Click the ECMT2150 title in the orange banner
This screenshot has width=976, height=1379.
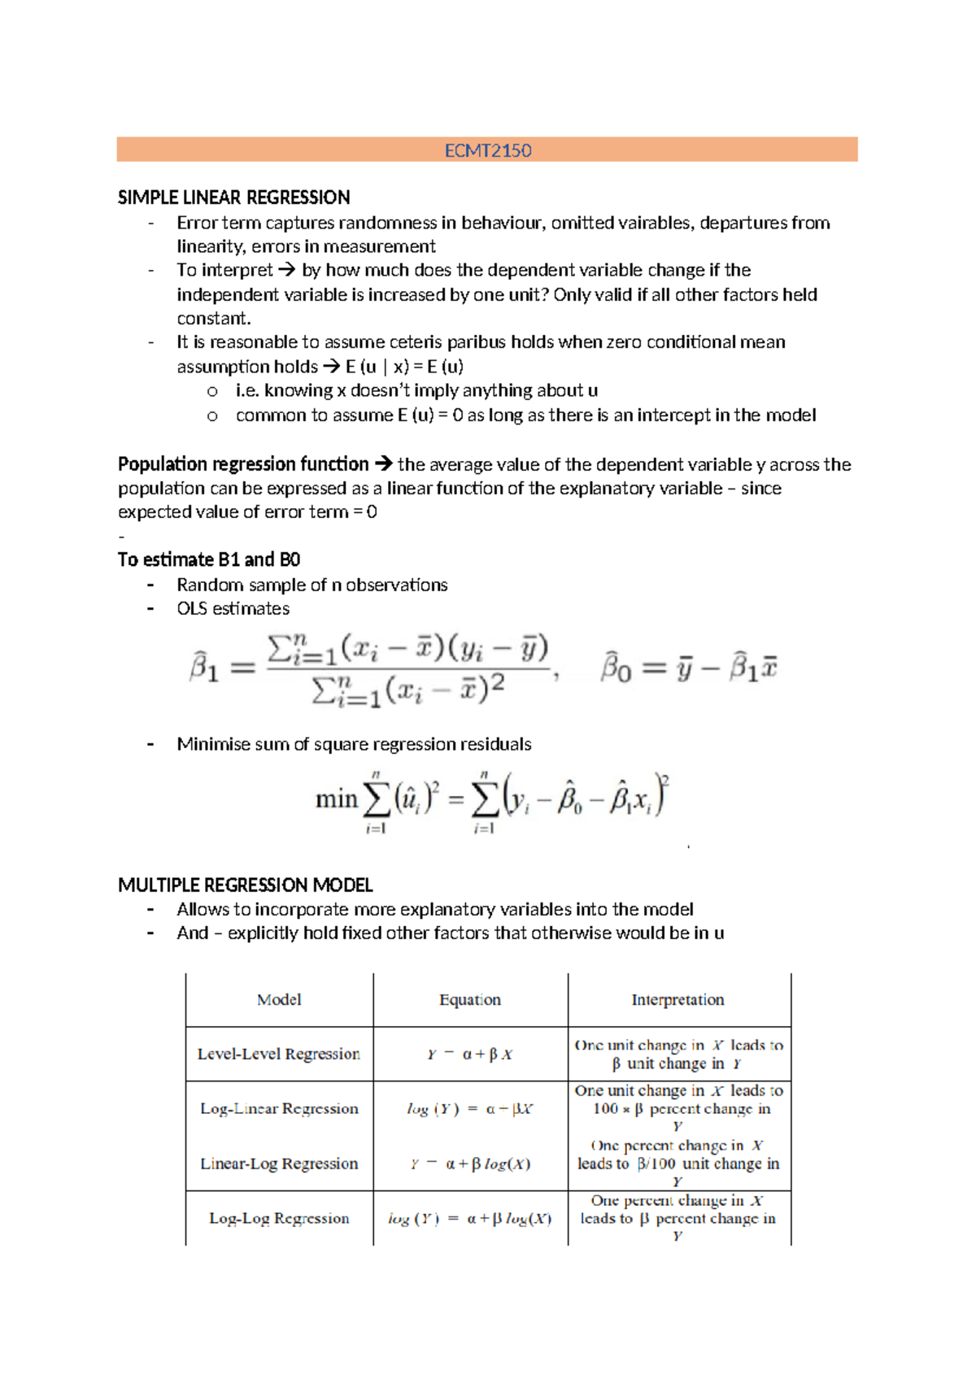[x=487, y=150]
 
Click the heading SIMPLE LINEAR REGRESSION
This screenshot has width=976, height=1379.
[x=233, y=198]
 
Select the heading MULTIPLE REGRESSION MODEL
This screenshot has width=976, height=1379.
[x=245, y=885]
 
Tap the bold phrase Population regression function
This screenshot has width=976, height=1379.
[x=243, y=464]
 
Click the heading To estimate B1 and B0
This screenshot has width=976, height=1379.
[x=209, y=559]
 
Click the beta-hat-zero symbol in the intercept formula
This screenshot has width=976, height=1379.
[x=616, y=668]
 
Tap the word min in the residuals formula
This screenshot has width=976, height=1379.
[x=336, y=799]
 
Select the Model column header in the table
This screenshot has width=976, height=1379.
[x=279, y=999]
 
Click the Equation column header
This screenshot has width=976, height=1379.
[x=470, y=999]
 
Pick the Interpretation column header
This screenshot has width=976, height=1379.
[x=678, y=999]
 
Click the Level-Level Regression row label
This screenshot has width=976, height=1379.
[x=278, y=1054]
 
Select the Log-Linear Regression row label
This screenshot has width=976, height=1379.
[x=279, y=1108]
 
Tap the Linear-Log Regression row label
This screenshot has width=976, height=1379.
[x=279, y=1164]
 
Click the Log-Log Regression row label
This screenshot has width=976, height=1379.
[x=279, y=1218]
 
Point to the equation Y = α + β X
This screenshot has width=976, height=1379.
[x=470, y=1055]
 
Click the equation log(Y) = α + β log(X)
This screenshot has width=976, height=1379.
[x=470, y=1218]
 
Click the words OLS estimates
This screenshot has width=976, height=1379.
[x=233, y=608]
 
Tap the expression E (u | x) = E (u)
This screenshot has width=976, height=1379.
[x=404, y=367]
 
